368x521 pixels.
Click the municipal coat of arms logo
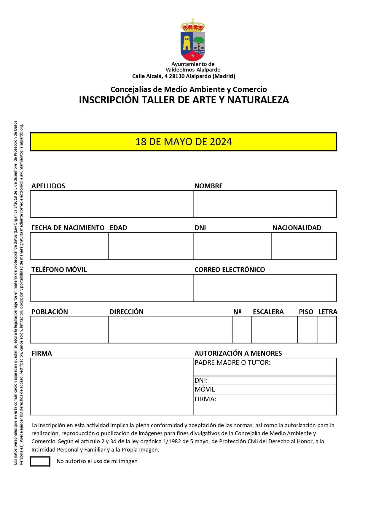tap(193, 40)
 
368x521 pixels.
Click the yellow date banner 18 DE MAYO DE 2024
tap(184, 142)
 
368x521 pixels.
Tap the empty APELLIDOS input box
tap(111, 204)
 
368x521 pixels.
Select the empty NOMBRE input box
tap(265, 204)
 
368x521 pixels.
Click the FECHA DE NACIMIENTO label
tap(68, 228)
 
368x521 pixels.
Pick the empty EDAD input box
tap(151, 246)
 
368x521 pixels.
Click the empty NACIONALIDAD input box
tap(304, 246)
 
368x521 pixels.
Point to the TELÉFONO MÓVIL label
tap(59, 270)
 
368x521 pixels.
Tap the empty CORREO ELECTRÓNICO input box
tap(265, 288)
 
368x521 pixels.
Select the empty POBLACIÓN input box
tap(69, 330)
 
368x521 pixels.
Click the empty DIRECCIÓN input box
tap(170, 330)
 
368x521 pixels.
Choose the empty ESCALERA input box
tap(275, 330)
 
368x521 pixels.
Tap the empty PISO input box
tap(307, 330)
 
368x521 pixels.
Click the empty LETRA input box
tap(327, 330)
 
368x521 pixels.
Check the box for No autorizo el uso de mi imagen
tap(40, 461)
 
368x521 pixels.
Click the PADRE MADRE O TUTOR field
tap(265, 367)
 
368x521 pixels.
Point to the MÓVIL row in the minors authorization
tap(265, 389)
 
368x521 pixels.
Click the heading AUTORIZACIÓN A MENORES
tap(238, 353)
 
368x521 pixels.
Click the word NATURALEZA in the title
tap(258, 100)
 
